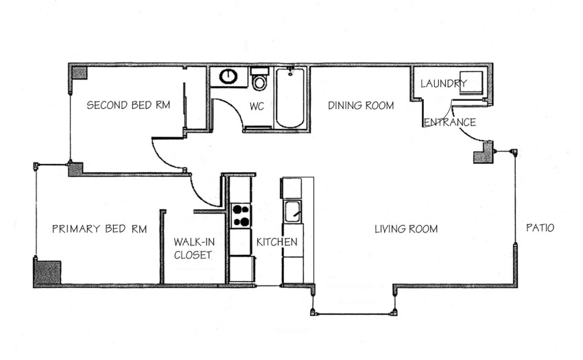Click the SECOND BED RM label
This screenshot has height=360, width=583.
(x=128, y=105)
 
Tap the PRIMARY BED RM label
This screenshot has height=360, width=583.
(x=99, y=229)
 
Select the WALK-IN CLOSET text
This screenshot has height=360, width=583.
(x=194, y=248)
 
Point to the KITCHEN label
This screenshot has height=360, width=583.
(x=277, y=242)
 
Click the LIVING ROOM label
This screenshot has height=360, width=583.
(x=406, y=229)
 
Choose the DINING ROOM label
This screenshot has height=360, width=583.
(x=361, y=106)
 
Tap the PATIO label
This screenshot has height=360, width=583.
(x=540, y=228)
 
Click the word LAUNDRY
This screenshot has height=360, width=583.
(x=444, y=83)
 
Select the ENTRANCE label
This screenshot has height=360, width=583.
(x=450, y=122)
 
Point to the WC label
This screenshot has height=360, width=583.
(x=257, y=106)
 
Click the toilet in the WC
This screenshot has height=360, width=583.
(x=259, y=79)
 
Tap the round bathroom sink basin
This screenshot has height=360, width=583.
(x=228, y=77)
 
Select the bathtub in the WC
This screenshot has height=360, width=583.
(x=289, y=98)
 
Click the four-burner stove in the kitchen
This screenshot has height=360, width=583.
(x=241, y=216)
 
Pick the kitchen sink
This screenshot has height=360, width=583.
(x=293, y=212)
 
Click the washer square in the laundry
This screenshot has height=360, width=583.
(x=471, y=82)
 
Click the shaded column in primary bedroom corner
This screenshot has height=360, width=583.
(x=47, y=273)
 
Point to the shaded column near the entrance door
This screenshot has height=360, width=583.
(x=484, y=154)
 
